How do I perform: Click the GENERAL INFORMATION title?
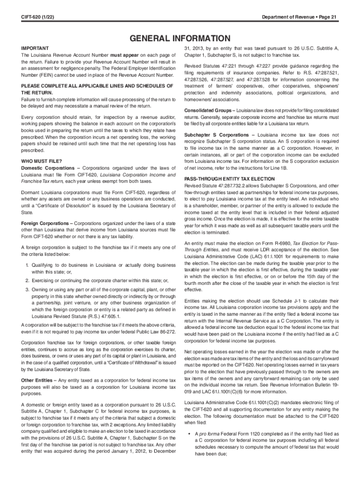[180, 38]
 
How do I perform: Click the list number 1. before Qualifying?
[28, 265]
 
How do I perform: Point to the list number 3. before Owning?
[28, 290]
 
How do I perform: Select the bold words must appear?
[125, 55]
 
